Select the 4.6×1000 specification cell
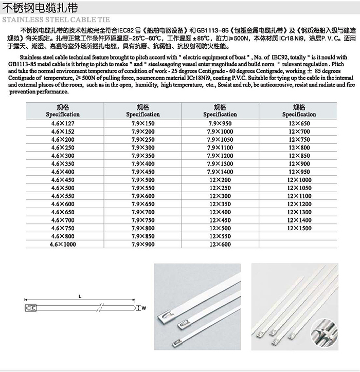pos(63,245)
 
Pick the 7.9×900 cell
pos(143,245)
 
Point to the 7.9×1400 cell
pos(220,172)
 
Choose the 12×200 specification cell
pos(220,180)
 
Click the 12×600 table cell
pos(220,245)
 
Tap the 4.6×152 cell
pos(63,132)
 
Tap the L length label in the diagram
pos(81,296)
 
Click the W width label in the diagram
pos(144,308)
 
